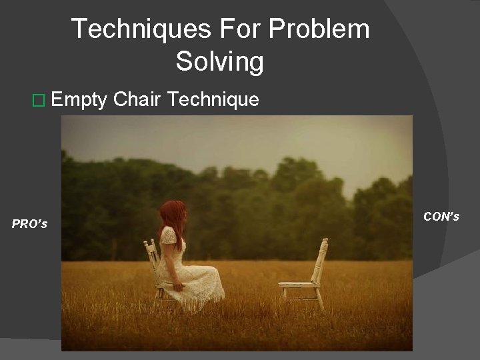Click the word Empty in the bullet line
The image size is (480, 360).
[x=79, y=101]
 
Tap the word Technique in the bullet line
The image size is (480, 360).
[x=213, y=100]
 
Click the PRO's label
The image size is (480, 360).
[x=29, y=224]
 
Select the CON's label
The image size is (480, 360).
[x=441, y=216]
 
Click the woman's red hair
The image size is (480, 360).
[x=172, y=217]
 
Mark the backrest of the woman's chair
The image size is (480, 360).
[x=152, y=257]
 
